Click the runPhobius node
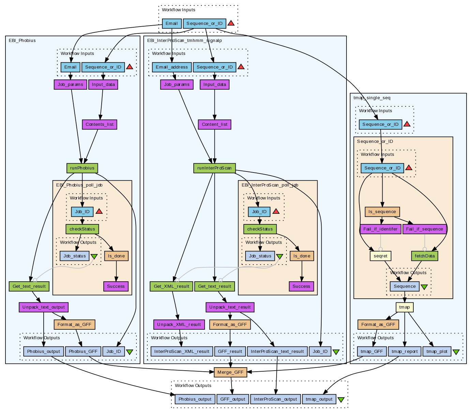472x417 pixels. [82, 168]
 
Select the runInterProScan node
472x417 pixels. [215, 168]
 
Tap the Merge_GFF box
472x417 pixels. [230, 372]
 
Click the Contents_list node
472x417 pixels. [100, 124]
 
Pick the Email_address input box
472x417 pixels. [172, 67]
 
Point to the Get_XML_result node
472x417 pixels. [172, 286]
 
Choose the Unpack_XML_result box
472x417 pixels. [179, 325]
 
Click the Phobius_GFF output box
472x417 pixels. [83, 352]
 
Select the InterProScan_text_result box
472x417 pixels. [277, 352]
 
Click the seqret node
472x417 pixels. [380, 256]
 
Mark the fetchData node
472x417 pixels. [425, 256]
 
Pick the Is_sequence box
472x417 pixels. [382, 212]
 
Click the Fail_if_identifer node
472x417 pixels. [380, 229]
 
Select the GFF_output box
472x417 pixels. [233, 399]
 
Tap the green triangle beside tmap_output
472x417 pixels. [341, 400]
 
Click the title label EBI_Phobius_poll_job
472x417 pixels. [79, 185]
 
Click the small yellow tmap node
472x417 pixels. [404, 307]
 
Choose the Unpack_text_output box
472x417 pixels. [44, 307]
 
